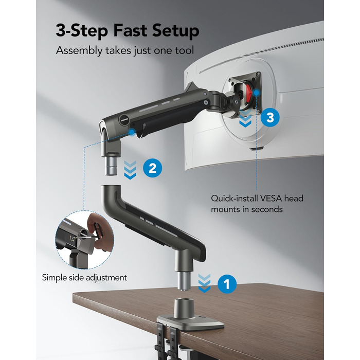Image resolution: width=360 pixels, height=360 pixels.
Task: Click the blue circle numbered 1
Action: (227, 284)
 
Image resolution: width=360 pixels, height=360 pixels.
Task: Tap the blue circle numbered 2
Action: (152, 168)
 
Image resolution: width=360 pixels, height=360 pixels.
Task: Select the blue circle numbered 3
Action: (270, 117)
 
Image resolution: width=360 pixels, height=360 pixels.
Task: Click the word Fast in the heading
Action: (130, 30)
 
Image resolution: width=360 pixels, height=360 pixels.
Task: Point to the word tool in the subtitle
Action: (185, 50)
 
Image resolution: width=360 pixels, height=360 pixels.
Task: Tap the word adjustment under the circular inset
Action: (106, 278)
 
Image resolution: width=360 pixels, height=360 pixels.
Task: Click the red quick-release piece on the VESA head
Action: (249, 94)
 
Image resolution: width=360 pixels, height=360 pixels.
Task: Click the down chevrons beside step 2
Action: (130, 170)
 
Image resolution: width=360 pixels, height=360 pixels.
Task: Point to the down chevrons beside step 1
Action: (204, 283)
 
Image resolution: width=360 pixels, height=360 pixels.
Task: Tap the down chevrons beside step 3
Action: (245, 118)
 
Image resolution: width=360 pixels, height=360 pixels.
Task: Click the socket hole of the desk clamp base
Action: (183, 301)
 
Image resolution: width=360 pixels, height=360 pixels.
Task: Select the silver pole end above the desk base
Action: (184, 281)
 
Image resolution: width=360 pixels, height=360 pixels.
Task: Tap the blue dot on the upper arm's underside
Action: (132, 132)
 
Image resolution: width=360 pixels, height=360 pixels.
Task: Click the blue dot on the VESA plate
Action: (257, 93)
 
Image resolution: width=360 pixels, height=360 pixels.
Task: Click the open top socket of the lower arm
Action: (111, 186)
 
